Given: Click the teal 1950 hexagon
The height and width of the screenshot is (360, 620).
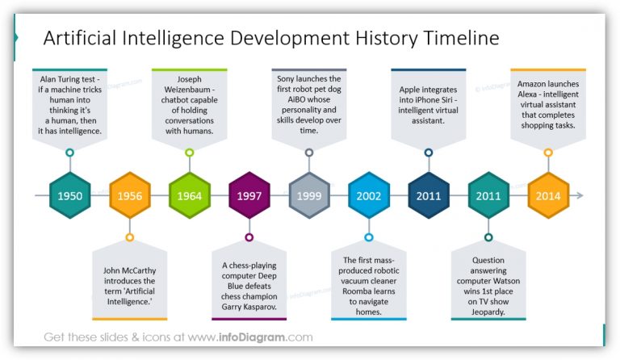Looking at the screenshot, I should click(70, 196).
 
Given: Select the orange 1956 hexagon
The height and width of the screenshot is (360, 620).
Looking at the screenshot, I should click(130, 196).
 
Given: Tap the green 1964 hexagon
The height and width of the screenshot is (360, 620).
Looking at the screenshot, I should click(190, 196).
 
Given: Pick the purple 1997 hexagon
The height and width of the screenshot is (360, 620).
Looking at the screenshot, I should click(249, 196).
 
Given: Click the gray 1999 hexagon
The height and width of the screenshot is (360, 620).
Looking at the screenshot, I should click(309, 196).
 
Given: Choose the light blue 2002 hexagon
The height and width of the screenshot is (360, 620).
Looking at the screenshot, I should click(369, 196).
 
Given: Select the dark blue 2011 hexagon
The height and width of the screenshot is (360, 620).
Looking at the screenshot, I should click(429, 196).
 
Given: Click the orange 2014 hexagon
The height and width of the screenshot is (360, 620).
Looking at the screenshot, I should click(548, 196).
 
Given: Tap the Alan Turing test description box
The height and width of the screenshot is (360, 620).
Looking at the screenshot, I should click(70, 105).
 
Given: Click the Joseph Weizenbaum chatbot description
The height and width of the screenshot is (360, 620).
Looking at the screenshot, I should click(190, 105).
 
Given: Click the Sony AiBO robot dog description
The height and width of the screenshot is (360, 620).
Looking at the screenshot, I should click(309, 105).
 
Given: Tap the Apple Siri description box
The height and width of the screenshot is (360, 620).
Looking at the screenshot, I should click(429, 105).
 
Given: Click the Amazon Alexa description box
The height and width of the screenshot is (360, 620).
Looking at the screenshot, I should click(548, 105).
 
